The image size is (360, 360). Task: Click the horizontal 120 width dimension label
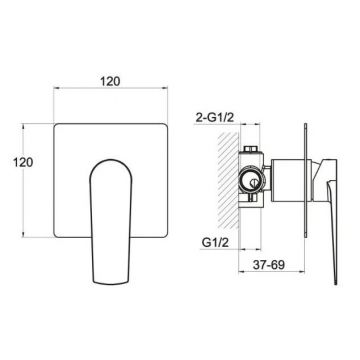(x=110, y=81)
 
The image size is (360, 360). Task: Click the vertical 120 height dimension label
(x=23, y=162)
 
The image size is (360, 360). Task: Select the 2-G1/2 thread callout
(x=214, y=118)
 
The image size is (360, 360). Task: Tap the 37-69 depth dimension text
(x=268, y=265)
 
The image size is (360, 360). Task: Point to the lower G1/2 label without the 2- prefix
(x=215, y=243)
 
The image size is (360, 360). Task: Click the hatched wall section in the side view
(x=228, y=180)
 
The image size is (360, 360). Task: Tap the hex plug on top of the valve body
(x=251, y=149)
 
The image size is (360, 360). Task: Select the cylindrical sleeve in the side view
(x=291, y=180)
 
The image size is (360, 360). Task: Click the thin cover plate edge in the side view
(x=305, y=180)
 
